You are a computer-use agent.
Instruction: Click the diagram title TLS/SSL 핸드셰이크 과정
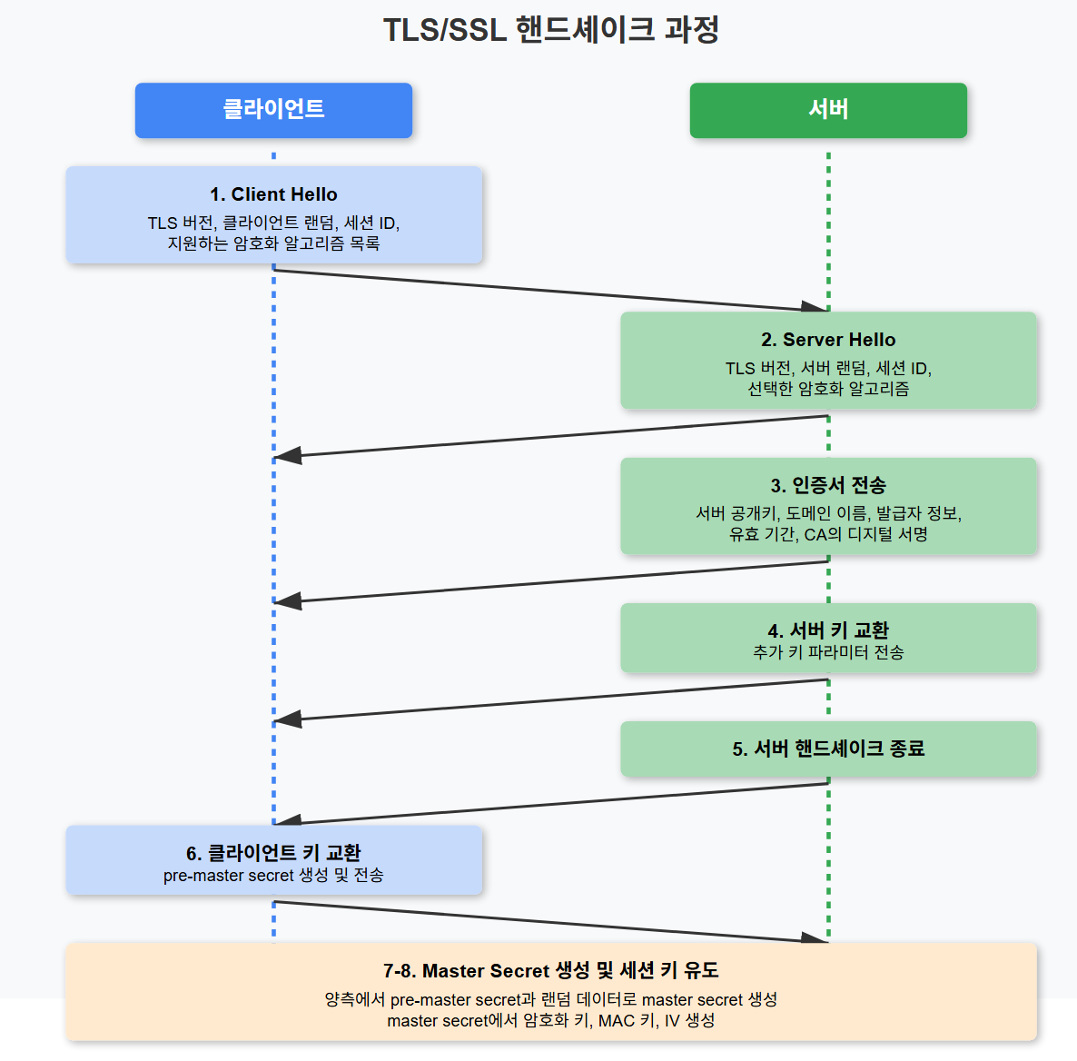point(550,30)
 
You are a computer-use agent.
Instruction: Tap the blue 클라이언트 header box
point(273,110)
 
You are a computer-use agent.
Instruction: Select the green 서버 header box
point(828,110)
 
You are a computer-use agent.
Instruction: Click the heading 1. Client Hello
point(273,194)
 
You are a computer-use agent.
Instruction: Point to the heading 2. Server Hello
point(828,340)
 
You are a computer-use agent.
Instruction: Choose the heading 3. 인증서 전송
point(828,485)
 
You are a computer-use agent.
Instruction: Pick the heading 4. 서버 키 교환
point(828,630)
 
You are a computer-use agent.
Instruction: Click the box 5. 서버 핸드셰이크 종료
point(828,749)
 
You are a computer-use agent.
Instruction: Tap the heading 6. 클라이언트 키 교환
point(273,853)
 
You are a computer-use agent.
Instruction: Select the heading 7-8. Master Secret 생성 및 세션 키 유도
point(550,971)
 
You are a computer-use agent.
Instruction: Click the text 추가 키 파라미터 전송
point(828,652)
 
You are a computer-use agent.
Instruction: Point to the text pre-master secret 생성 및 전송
point(273,876)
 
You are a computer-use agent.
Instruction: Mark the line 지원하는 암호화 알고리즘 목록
point(273,243)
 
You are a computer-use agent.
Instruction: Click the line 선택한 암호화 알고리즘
point(828,389)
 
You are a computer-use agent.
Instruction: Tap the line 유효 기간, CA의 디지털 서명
point(828,534)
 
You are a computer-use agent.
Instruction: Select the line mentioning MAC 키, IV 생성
point(550,1021)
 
